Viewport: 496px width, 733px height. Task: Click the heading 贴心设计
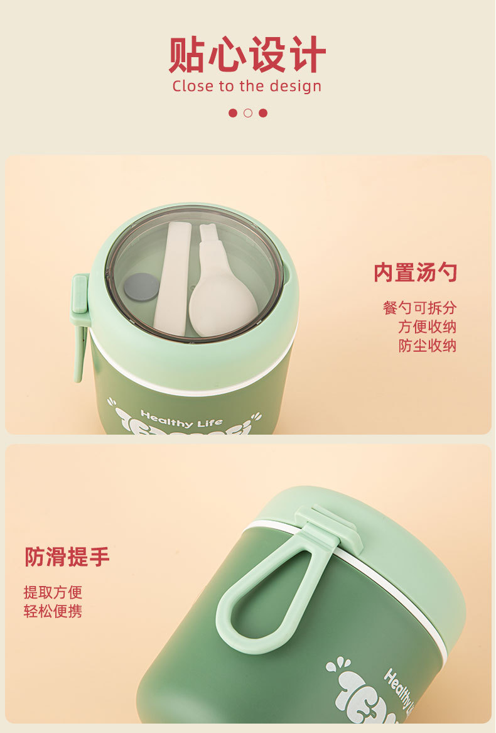click(247, 55)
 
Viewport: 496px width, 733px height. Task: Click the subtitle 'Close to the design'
click(247, 86)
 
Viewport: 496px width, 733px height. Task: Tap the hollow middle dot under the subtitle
click(248, 113)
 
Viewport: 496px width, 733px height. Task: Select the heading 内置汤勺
click(415, 273)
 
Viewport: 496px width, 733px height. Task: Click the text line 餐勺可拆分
click(419, 308)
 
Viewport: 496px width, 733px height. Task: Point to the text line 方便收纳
click(427, 327)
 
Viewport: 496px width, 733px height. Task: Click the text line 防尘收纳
click(427, 345)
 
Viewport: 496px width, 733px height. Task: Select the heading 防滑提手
click(67, 557)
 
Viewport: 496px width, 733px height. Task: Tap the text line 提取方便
click(53, 592)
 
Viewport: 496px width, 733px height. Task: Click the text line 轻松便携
click(53, 611)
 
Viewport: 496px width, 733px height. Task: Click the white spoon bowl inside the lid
click(222, 305)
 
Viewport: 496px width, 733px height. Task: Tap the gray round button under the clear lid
click(141, 286)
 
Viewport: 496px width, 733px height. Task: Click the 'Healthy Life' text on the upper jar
click(181, 418)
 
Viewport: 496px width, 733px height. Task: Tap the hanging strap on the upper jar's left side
click(80, 327)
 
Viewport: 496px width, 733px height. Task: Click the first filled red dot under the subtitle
click(233, 113)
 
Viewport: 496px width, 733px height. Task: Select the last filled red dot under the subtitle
click(263, 113)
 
